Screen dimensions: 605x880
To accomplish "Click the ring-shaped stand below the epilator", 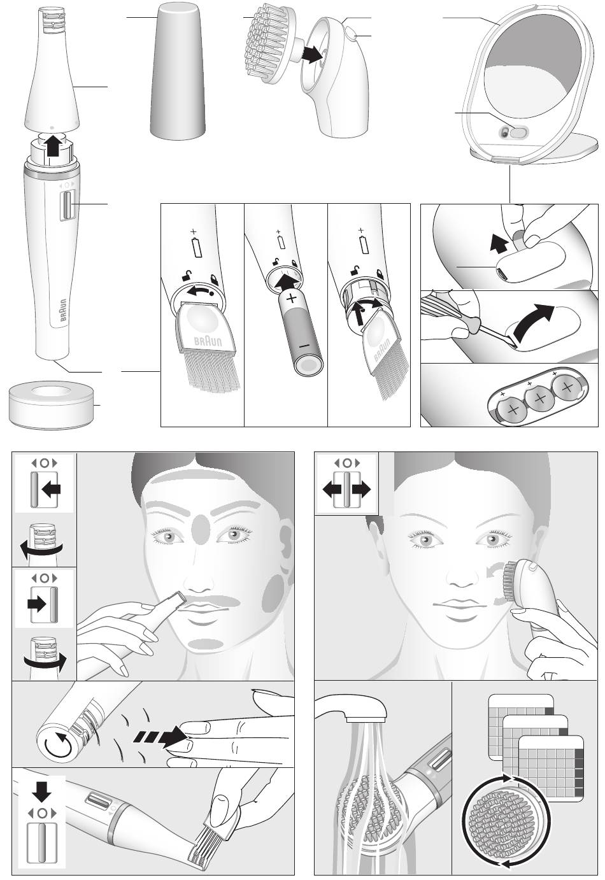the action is (x=52, y=407).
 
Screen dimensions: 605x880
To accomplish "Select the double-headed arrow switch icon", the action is (x=346, y=490).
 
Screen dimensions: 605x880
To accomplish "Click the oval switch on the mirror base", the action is (x=518, y=132).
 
